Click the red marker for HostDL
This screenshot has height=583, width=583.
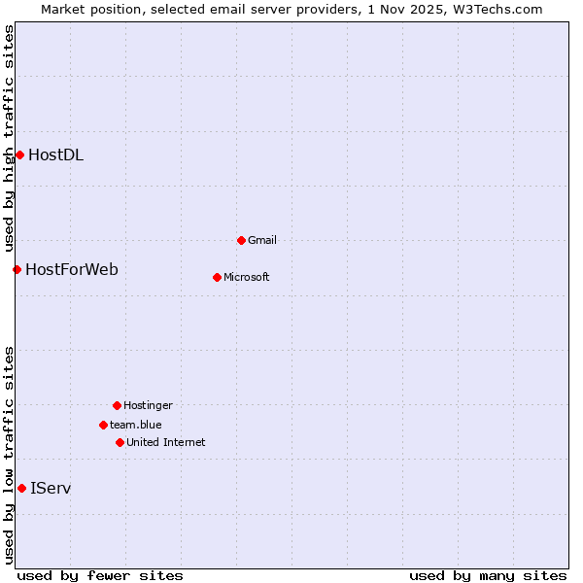click(x=19, y=154)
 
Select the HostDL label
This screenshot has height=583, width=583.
click(x=55, y=154)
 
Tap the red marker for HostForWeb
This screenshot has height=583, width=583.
click(x=17, y=269)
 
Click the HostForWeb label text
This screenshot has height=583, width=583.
click(x=72, y=269)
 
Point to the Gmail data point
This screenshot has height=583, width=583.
click(x=241, y=240)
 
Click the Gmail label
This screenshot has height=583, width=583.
click(x=262, y=240)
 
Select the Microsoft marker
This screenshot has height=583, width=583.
click(x=217, y=277)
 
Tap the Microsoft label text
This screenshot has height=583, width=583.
click(x=246, y=277)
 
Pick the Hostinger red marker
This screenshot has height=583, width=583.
click(x=117, y=405)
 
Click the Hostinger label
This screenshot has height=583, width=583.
click(x=148, y=405)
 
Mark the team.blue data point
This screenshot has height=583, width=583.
click(x=103, y=425)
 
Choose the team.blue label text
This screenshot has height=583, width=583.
click(x=136, y=425)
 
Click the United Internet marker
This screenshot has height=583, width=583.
click(x=120, y=442)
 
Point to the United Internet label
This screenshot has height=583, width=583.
click(x=165, y=442)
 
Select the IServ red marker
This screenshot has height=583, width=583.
click(x=21, y=488)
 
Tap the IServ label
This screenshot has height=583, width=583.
click(x=51, y=488)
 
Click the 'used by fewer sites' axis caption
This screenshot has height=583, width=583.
click(x=100, y=575)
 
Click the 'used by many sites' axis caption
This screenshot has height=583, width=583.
click(x=488, y=575)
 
